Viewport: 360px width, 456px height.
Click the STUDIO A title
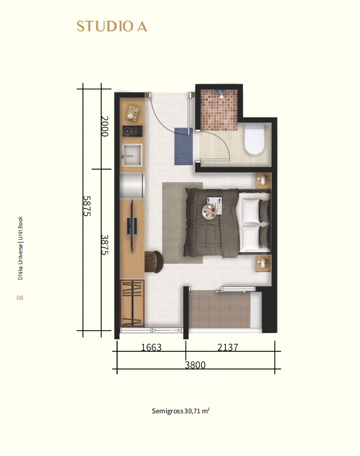click(112, 26)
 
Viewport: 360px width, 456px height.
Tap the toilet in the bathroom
click(254, 139)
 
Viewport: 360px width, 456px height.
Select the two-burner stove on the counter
click(133, 131)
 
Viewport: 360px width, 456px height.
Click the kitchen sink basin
click(131, 155)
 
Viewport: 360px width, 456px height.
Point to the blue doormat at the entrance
click(183, 146)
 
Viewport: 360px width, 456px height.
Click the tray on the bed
click(210, 211)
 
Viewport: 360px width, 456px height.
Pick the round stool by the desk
click(154, 261)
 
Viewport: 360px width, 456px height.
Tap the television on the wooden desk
click(132, 225)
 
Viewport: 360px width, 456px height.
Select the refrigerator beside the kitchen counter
click(132, 186)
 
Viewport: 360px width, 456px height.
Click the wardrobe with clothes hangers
click(132, 303)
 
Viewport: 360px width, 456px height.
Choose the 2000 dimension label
click(104, 126)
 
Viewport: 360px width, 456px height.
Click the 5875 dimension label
click(87, 206)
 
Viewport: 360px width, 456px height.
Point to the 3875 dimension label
click(105, 245)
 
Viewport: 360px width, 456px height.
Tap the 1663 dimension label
click(151, 347)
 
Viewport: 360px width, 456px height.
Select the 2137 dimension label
click(228, 347)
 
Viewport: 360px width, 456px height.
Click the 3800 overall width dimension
click(195, 365)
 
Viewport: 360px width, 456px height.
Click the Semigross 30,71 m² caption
click(181, 411)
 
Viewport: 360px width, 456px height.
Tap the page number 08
click(20, 298)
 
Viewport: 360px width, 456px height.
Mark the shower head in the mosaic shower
click(221, 93)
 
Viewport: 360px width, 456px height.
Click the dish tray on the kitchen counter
click(132, 113)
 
